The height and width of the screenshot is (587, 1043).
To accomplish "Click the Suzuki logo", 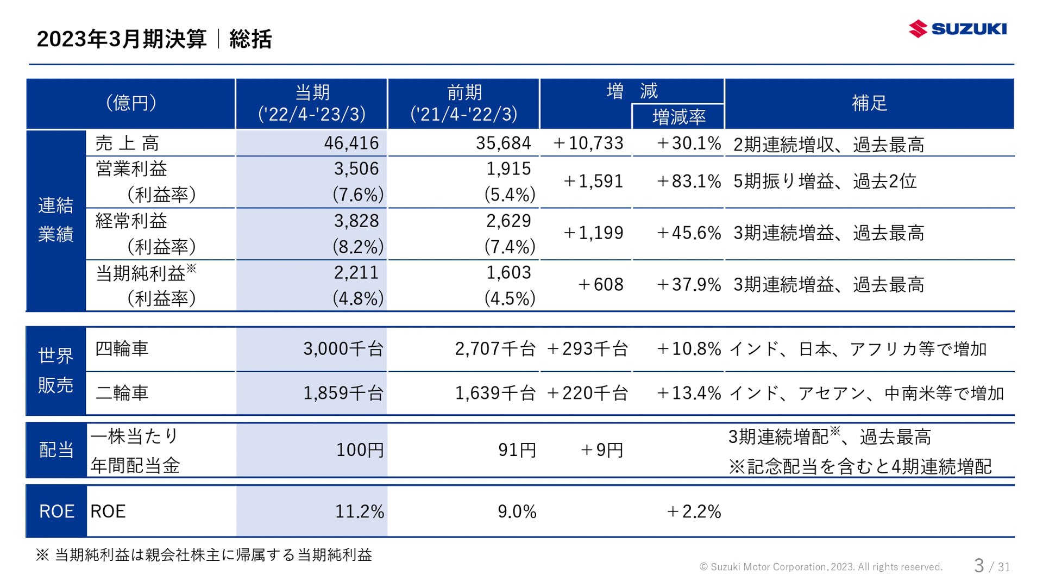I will pos(957,29).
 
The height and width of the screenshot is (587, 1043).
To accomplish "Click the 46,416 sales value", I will pos(351,143).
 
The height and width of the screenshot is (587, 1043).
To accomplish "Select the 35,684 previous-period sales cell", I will pos(503,143).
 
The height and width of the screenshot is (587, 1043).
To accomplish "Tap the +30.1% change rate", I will pos(688,143).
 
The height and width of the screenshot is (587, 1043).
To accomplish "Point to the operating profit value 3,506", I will pos(356,168).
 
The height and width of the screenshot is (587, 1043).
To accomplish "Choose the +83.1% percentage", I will pos(688,181).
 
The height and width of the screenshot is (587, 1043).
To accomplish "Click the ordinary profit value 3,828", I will pos(356,221).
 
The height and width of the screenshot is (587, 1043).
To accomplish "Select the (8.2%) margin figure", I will pos(358,247).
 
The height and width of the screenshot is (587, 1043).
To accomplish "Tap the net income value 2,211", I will pos(356,272).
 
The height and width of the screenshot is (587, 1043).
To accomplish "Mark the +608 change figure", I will pos(600,284).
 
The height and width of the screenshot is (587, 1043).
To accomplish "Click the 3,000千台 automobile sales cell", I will pos(343,348).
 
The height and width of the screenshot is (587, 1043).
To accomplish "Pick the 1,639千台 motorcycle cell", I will pos(495,392).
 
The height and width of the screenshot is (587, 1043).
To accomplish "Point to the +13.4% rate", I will pos(688,392).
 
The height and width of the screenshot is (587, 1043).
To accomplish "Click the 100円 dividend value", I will pos(360,450).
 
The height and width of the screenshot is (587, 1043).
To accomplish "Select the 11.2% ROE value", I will pos(359,511).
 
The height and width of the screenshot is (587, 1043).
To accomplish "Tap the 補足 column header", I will pos(869,103).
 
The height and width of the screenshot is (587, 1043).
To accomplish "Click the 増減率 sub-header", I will pos(678,117).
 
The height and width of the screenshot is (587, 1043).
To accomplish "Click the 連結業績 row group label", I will pos(55,220).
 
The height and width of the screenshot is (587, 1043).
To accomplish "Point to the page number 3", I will pos(978,566).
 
